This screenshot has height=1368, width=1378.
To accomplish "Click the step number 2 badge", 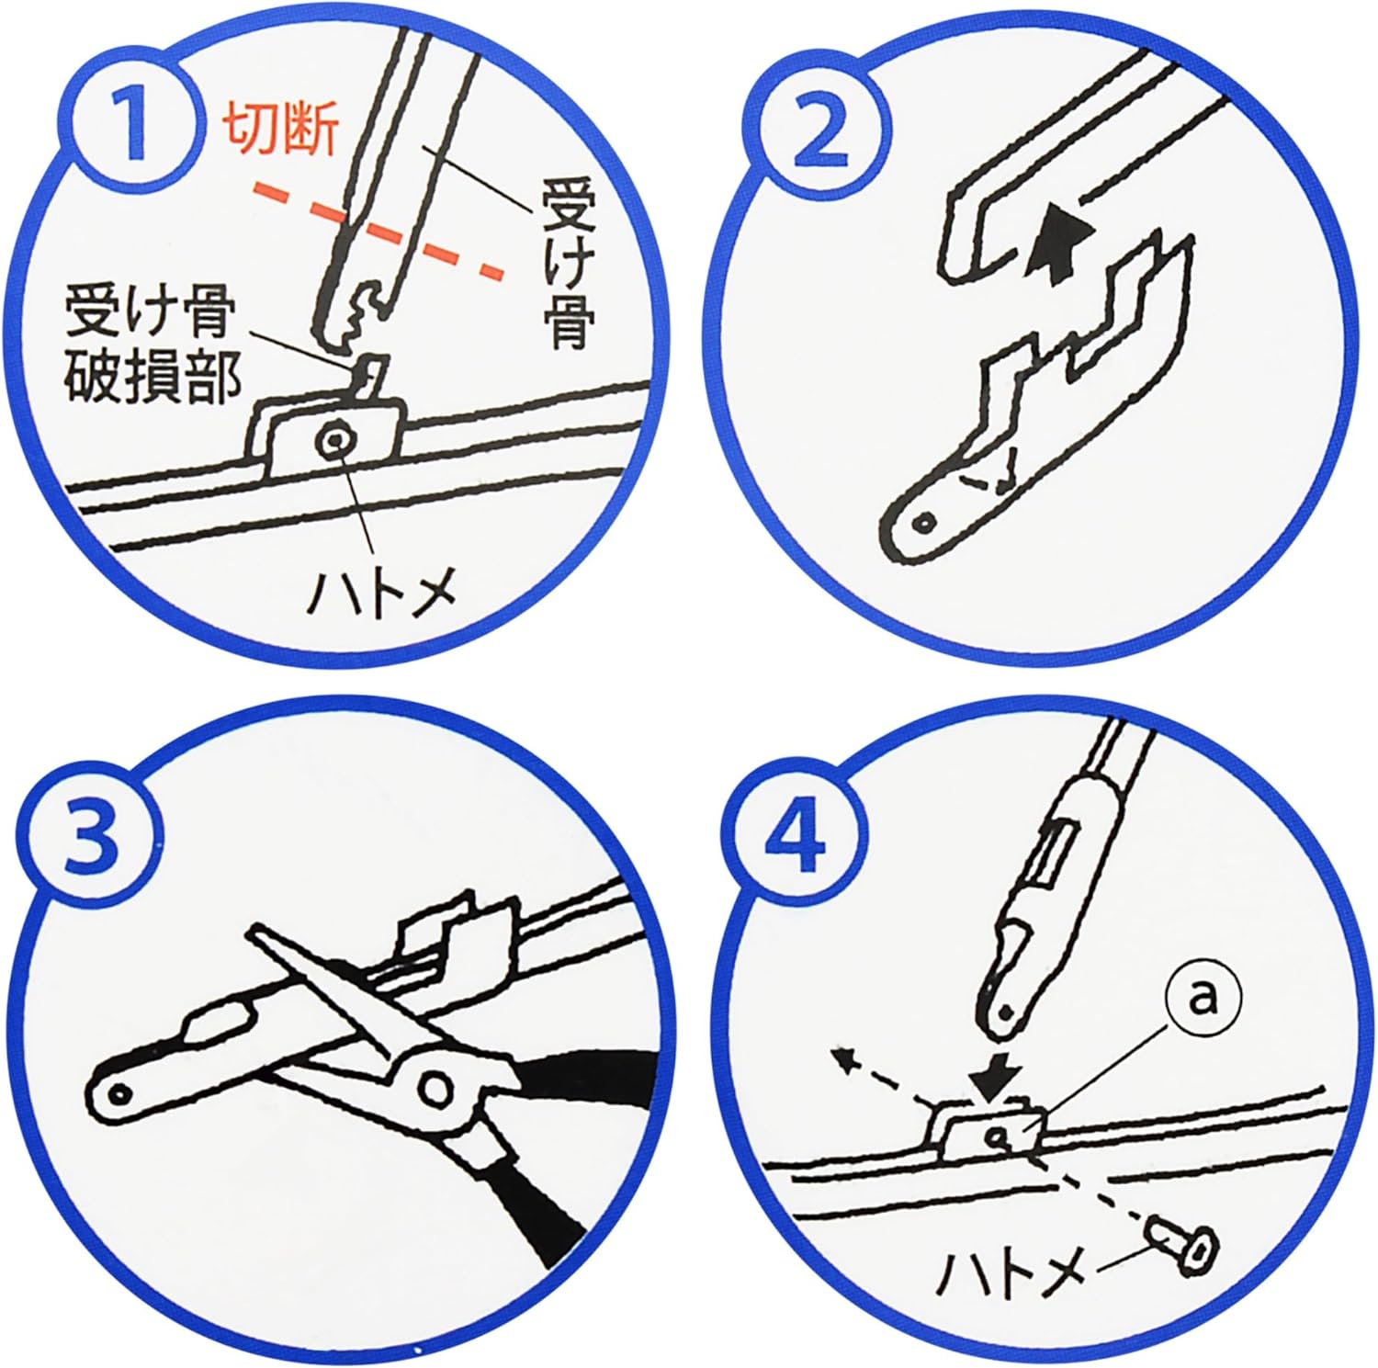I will [x=820, y=131].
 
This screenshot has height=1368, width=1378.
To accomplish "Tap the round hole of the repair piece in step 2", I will [x=924, y=523].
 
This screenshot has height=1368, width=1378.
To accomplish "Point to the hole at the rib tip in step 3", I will [x=118, y=1094].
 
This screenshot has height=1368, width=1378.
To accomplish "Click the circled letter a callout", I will [x=1203, y=999].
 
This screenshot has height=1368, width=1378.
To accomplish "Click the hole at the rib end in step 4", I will [x=1006, y=1012].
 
